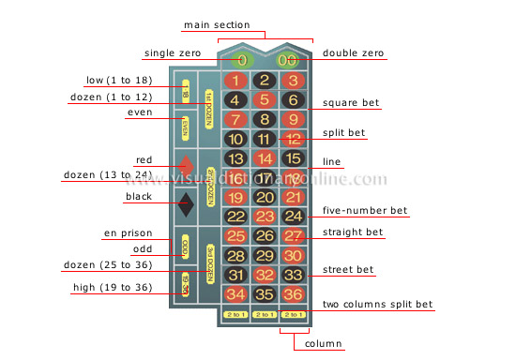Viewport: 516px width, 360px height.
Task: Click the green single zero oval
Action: pyautogui.click(x=241, y=60)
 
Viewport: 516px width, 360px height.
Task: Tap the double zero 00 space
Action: pyautogui.click(x=286, y=60)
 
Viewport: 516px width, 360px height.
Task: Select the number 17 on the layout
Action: pyautogui.click(x=265, y=177)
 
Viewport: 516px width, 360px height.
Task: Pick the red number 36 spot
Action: pyautogui.click(x=293, y=294)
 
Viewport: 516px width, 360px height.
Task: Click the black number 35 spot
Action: pyautogui.click(x=265, y=294)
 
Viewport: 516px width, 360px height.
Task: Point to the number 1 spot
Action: pyautogui.click(x=236, y=81)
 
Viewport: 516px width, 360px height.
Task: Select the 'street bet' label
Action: pyautogui.click(x=347, y=270)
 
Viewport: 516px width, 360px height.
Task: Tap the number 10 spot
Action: pyautogui.click(x=236, y=139)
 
